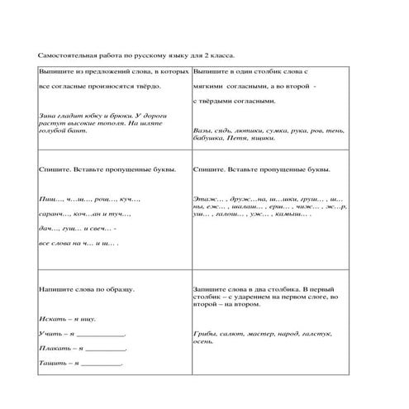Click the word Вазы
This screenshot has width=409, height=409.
click(x=200, y=131)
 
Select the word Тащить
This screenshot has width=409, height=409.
click(x=52, y=363)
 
